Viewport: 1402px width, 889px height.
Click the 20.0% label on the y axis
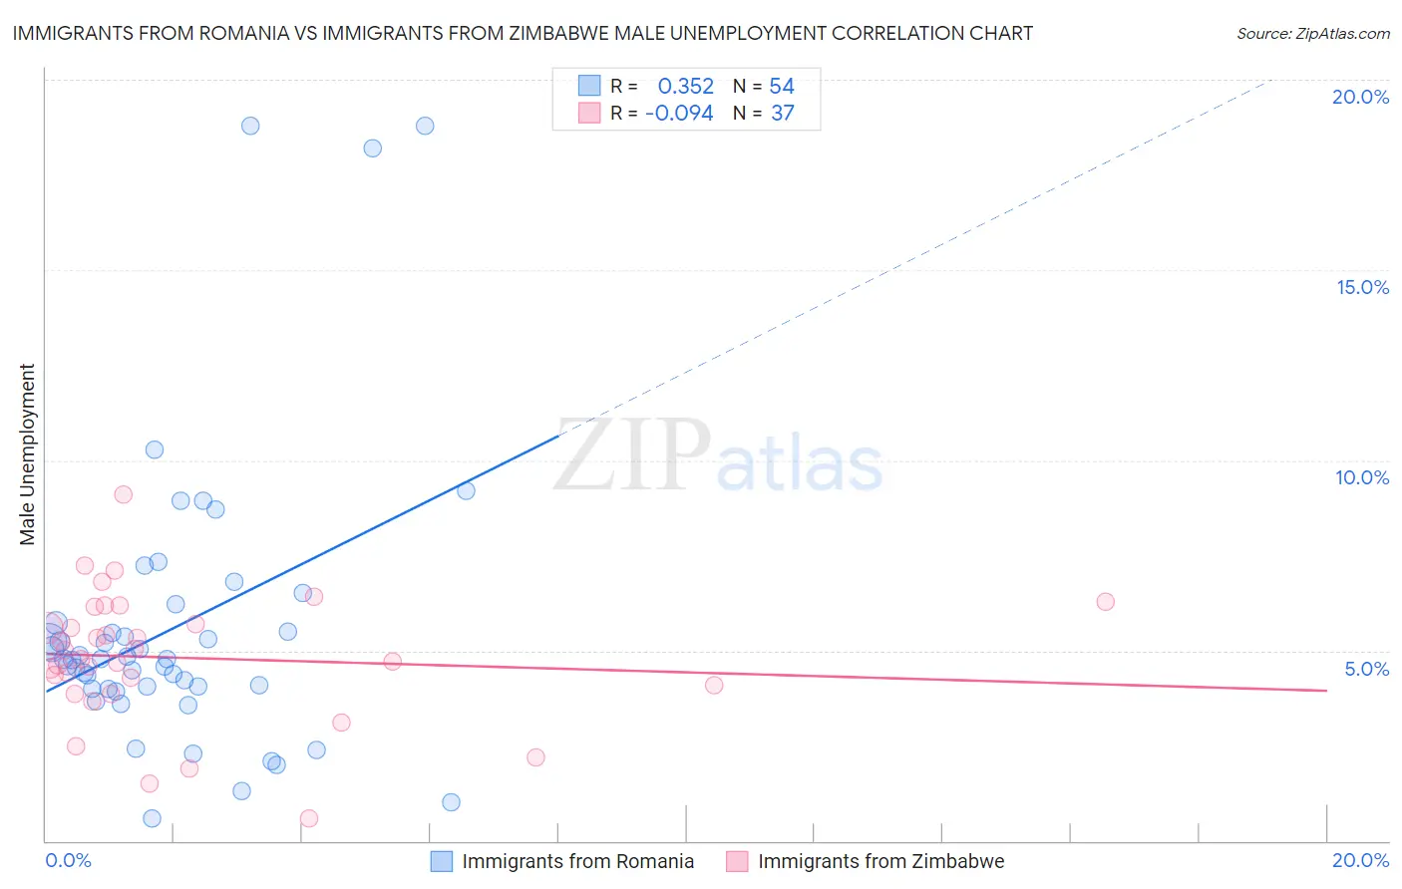[x=1360, y=97]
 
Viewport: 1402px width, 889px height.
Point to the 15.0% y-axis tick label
[x=1362, y=287]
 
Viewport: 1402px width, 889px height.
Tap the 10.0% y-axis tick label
[x=1362, y=477]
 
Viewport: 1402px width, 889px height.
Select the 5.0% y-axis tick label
[x=1366, y=669]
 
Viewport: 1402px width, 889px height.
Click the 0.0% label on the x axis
[x=68, y=860]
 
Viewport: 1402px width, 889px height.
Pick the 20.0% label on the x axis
[x=1360, y=860]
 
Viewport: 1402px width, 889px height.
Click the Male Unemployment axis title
[x=27, y=454]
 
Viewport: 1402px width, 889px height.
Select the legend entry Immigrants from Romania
[x=577, y=861]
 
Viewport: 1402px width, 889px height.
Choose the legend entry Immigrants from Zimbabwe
[x=880, y=861]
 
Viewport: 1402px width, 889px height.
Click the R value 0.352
[x=685, y=87]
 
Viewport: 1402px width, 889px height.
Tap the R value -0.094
[x=679, y=114]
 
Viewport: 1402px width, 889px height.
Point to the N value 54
[x=782, y=87]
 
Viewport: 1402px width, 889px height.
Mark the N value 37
[x=783, y=114]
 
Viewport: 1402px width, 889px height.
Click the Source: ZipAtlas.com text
[x=1312, y=34]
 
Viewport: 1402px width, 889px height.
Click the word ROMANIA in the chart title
[x=239, y=34]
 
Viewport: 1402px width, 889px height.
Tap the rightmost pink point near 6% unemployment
[x=1105, y=601]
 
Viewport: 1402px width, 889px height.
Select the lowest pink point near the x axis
[x=309, y=818]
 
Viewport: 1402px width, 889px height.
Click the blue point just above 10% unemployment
[x=155, y=449]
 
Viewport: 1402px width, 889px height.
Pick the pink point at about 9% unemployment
[x=124, y=494]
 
